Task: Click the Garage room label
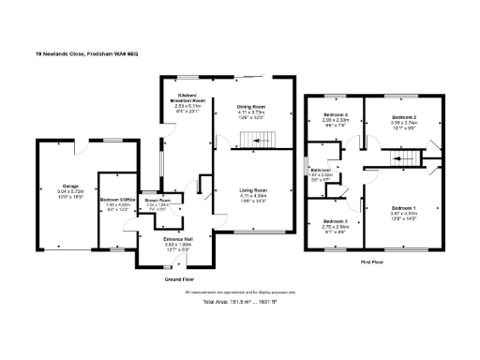click(69, 186)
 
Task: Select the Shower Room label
click(157, 200)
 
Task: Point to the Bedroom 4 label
click(336, 114)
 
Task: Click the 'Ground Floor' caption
click(179, 279)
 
